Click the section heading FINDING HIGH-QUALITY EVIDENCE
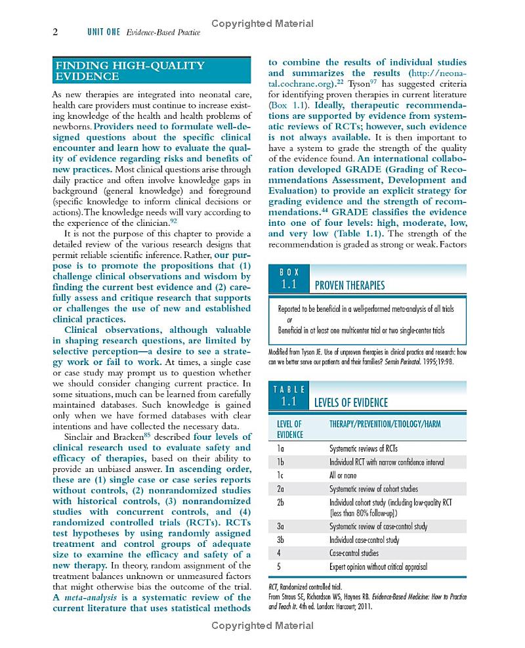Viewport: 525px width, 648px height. [x=130, y=71]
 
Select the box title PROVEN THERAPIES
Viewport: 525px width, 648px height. [x=350, y=286]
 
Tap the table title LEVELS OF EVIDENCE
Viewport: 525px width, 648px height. [x=351, y=402]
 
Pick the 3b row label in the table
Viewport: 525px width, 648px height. [x=281, y=540]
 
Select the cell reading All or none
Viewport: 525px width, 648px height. [x=343, y=475]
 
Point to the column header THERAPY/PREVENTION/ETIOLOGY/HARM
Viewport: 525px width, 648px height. [x=385, y=424]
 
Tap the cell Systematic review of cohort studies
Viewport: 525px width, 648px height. [x=373, y=488]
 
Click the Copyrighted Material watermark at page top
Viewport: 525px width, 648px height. [x=262, y=24]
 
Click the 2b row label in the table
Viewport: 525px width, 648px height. [x=281, y=502]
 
